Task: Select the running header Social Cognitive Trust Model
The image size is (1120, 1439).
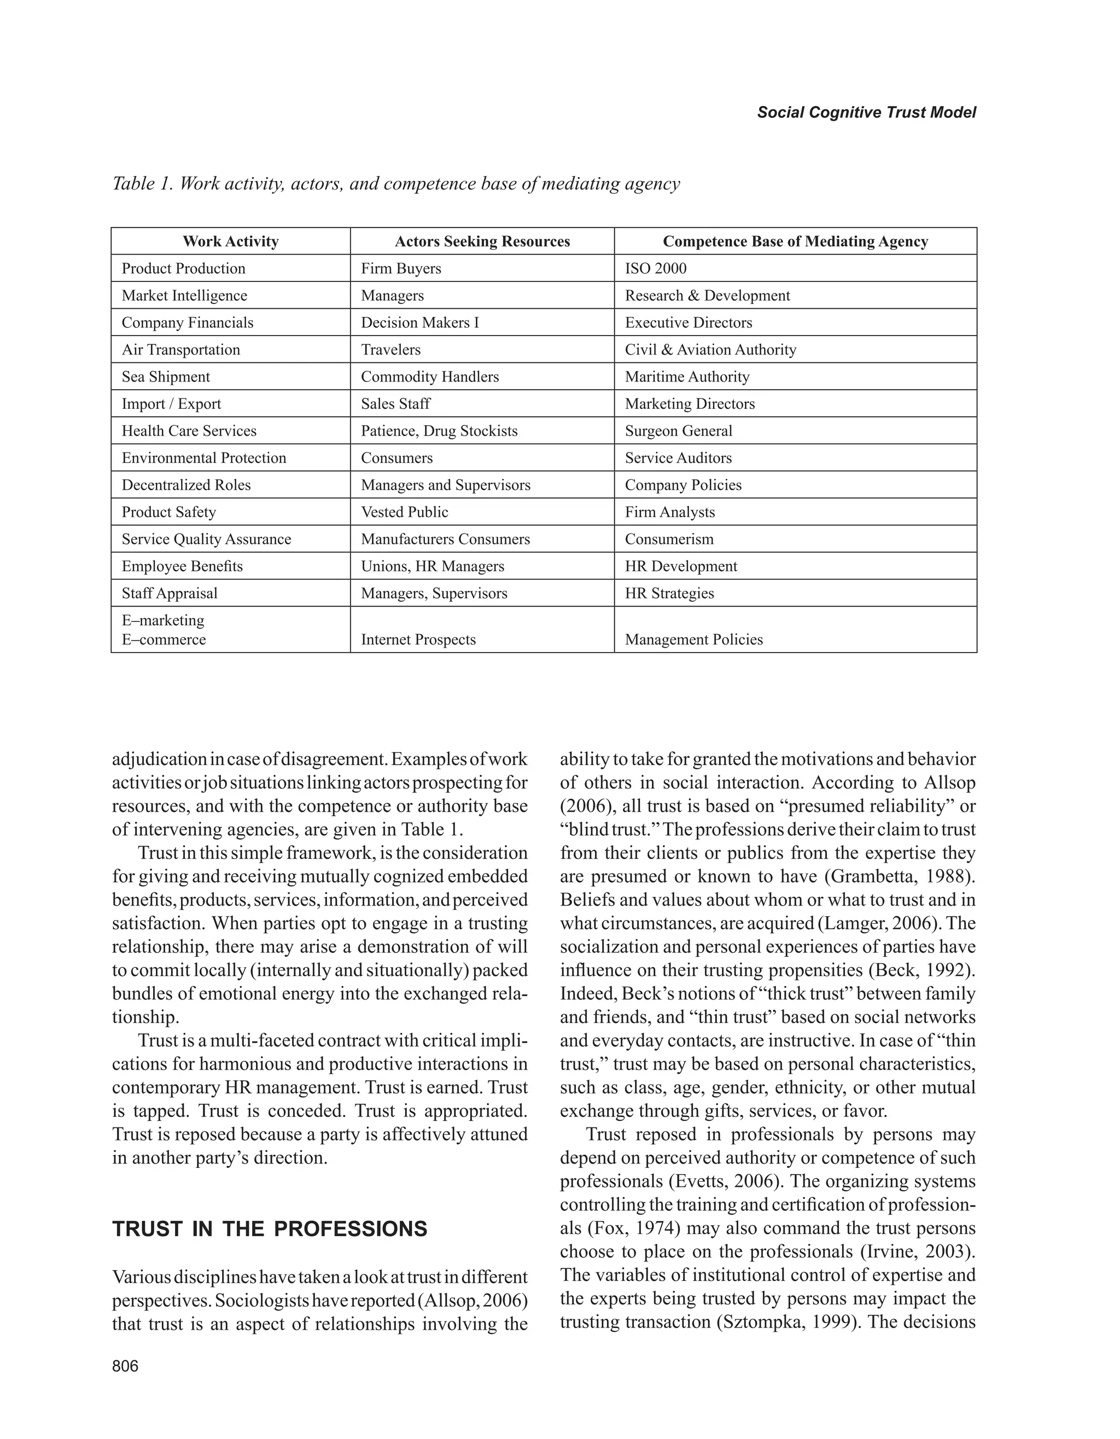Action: click(866, 112)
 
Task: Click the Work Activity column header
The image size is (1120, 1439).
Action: click(230, 241)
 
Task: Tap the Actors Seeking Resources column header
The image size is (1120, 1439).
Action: click(482, 241)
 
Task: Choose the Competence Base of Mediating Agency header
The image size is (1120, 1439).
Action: click(795, 241)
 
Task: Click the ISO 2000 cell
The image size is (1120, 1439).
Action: click(655, 268)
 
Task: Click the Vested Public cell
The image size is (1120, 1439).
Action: click(404, 512)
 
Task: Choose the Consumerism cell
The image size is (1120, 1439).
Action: click(669, 538)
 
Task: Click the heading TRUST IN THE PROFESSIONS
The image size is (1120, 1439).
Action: click(270, 1229)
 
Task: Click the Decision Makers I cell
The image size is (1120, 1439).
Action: click(420, 322)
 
